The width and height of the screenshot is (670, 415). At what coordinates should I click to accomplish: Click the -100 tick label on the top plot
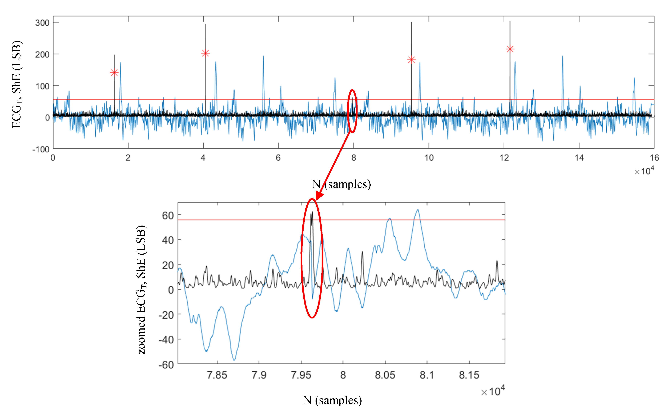click(41, 150)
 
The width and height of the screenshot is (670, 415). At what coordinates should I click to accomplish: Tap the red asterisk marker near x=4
click(205, 53)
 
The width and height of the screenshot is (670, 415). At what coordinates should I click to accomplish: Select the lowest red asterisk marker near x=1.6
click(114, 72)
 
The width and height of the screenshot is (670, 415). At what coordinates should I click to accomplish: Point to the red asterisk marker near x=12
click(510, 49)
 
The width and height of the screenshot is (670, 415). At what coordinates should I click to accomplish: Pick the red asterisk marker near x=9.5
click(411, 60)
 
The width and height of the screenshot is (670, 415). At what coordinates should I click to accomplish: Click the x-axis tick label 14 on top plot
click(579, 158)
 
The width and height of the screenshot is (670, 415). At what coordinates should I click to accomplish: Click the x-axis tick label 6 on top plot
click(278, 158)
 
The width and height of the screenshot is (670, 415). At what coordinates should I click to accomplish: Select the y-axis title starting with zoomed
click(142, 290)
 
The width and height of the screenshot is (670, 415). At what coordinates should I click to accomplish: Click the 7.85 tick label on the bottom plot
click(217, 375)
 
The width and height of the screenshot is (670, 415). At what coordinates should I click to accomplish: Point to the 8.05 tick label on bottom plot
click(385, 375)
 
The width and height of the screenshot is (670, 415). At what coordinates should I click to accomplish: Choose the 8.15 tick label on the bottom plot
click(469, 375)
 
